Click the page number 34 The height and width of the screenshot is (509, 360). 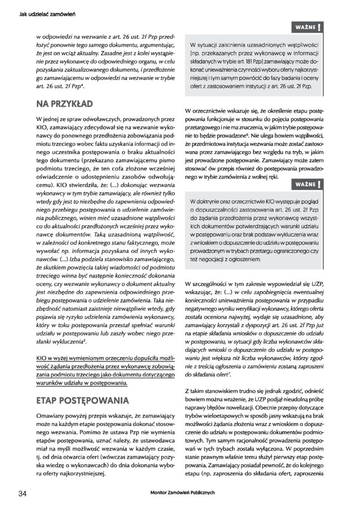pyautogui.click(x=21, y=493)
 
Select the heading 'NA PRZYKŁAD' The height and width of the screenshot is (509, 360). pyautogui.click(x=64, y=104)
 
